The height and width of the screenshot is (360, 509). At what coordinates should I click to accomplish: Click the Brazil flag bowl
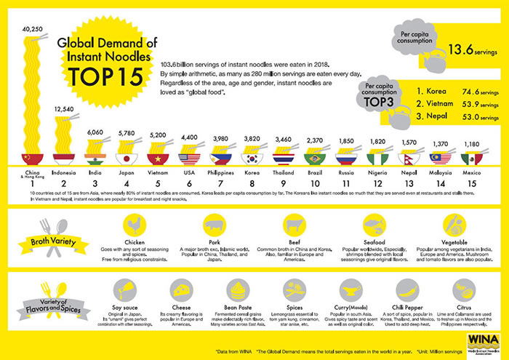314,158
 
